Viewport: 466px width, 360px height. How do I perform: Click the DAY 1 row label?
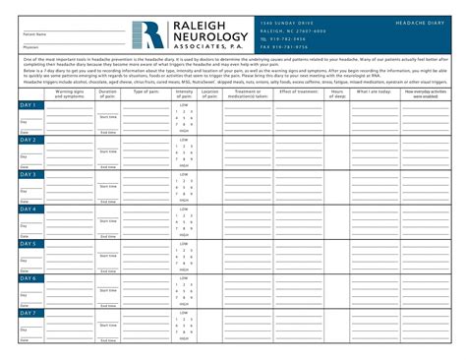click(x=29, y=104)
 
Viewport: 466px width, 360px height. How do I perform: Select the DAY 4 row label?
click(x=29, y=209)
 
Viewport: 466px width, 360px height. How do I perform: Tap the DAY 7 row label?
click(x=29, y=313)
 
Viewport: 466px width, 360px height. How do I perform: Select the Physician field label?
click(x=31, y=45)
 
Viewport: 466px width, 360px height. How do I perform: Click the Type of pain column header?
click(x=146, y=91)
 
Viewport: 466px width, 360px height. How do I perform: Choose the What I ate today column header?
click(x=373, y=91)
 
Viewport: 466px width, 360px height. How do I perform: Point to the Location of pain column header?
click(x=209, y=93)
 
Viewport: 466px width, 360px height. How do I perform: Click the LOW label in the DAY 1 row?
click(x=183, y=104)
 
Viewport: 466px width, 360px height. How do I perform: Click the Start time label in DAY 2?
click(x=108, y=150)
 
